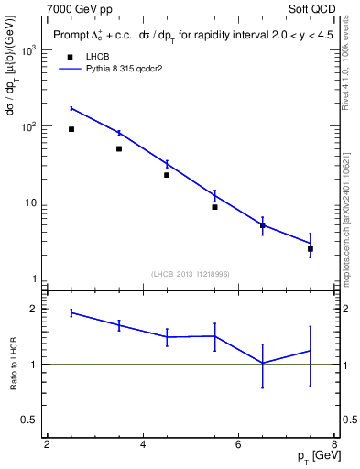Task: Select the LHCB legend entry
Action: pyautogui.click(x=85, y=56)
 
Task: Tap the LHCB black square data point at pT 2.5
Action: pyautogui.click(x=71, y=129)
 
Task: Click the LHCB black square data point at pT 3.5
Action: pyautogui.click(x=119, y=148)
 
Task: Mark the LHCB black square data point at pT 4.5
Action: pyautogui.click(x=167, y=175)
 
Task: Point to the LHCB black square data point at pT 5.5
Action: pyautogui.click(x=214, y=207)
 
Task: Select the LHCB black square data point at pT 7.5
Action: pyautogui.click(x=311, y=249)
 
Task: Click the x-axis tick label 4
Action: pyautogui.click(x=143, y=445)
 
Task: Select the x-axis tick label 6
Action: pyautogui.click(x=238, y=445)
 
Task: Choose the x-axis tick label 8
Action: pyautogui.click(x=333, y=445)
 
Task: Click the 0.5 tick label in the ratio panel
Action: pyautogui.click(x=29, y=420)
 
